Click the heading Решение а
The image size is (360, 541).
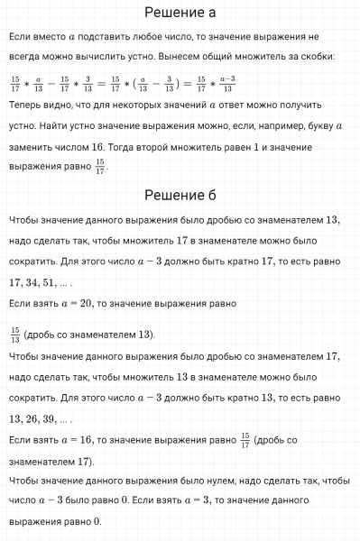(180, 13)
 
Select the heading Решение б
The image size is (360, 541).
(180, 195)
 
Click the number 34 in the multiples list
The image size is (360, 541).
(39, 282)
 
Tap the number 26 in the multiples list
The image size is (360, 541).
(39, 418)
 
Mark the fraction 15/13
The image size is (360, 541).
(14, 335)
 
